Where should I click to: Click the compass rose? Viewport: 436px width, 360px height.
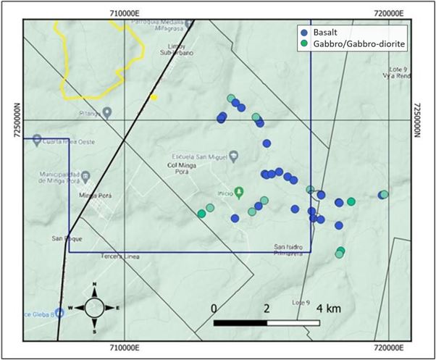[94, 308]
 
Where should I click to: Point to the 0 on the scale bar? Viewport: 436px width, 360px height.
[214, 308]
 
